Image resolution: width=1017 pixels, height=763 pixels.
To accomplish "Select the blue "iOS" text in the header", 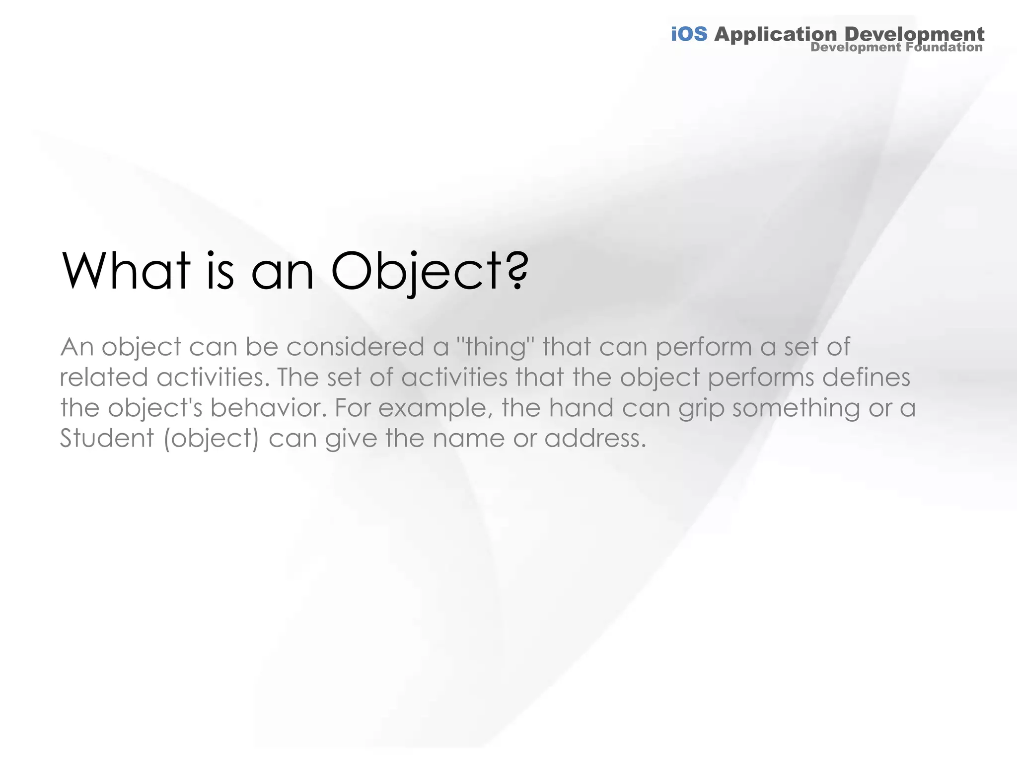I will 689,34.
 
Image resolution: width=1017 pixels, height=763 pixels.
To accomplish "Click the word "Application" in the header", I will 776,35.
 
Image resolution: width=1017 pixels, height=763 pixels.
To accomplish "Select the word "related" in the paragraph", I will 104,378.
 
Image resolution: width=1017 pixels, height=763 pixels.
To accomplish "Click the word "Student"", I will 107,439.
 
